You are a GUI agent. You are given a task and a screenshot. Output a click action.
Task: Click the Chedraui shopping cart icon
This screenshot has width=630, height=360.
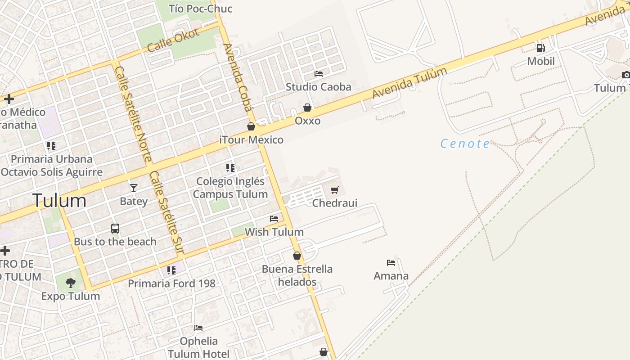[x=334, y=190]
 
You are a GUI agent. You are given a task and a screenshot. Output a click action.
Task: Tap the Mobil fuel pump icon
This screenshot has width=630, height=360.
[x=540, y=48]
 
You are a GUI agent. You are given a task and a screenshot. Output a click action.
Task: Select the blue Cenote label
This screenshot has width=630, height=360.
[x=465, y=144]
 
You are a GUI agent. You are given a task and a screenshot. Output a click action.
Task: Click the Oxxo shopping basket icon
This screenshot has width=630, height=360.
[x=307, y=108]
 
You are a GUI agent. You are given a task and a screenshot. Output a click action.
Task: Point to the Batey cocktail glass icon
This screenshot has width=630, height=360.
[x=134, y=188]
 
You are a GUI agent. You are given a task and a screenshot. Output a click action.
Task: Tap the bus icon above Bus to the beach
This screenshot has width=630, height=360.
[x=115, y=229]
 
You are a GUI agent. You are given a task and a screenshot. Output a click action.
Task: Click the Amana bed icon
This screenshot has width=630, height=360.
[x=391, y=263]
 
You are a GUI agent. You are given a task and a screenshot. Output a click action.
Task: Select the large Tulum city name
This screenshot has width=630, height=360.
[x=59, y=201]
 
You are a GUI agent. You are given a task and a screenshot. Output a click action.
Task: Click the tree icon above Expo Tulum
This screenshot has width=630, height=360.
[x=70, y=283]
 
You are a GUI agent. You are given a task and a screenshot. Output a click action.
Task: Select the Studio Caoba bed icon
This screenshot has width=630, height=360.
[x=319, y=73]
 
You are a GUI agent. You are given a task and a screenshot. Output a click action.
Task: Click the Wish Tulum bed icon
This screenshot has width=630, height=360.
[x=274, y=219]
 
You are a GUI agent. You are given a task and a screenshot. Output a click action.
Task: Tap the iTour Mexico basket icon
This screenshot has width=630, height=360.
[x=251, y=127]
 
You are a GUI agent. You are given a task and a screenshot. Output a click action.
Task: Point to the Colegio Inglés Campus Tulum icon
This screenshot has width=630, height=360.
[x=230, y=168]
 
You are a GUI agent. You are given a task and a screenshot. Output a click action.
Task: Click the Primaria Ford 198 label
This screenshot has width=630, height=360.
[x=171, y=283]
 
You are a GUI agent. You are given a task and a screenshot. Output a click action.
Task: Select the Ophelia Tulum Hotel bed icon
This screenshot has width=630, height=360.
[x=198, y=328]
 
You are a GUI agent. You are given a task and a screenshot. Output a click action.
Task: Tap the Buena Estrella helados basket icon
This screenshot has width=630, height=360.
[x=297, y=256]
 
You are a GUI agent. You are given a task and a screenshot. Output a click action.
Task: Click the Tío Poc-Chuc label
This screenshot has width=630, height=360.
[x=200, y=8]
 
